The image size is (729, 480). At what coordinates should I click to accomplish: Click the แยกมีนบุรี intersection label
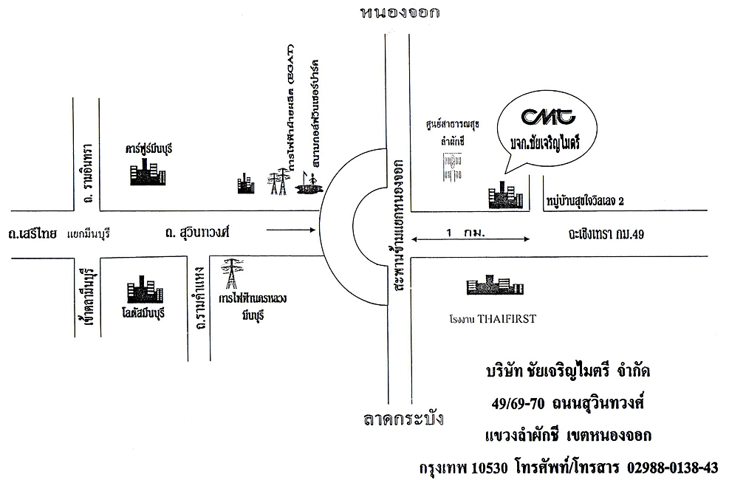[x=88, y=235]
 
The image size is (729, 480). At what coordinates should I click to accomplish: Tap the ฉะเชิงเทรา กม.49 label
[x=602, y=235]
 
